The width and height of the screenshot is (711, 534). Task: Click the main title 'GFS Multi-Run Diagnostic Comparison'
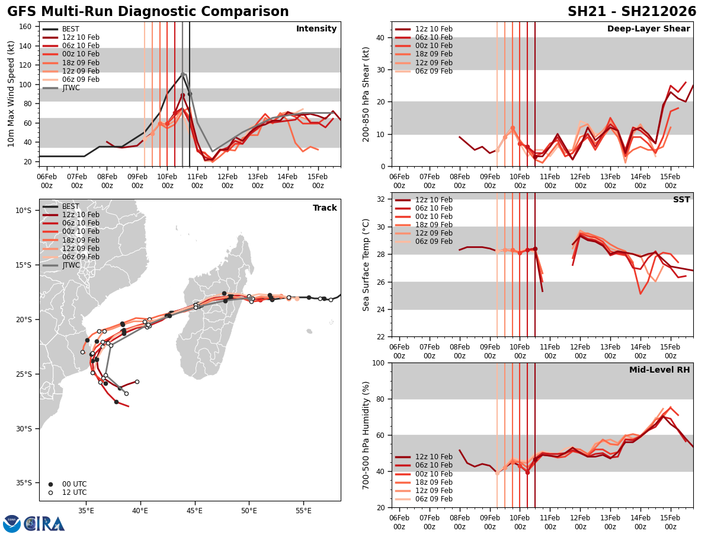[148, 12]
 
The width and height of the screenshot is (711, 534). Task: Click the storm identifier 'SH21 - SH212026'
[632, 12]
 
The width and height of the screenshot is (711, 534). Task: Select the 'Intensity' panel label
[316, 29]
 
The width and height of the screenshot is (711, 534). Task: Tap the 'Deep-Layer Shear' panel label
[648, 29]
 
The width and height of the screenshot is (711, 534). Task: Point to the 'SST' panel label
[681, 200]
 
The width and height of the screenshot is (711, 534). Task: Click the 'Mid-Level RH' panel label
[659, 370]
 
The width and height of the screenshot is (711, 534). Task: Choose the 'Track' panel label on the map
[325, 208]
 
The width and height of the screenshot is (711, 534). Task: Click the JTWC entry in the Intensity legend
[71, 88]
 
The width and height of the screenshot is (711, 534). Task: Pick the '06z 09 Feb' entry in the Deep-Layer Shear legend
[434, 71]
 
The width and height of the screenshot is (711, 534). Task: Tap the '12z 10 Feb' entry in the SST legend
[434, 200]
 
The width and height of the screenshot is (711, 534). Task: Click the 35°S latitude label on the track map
[24, 483]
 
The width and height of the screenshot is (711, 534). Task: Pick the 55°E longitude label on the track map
[303, 510]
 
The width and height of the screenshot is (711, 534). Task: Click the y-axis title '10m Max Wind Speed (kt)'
[11, 94]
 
